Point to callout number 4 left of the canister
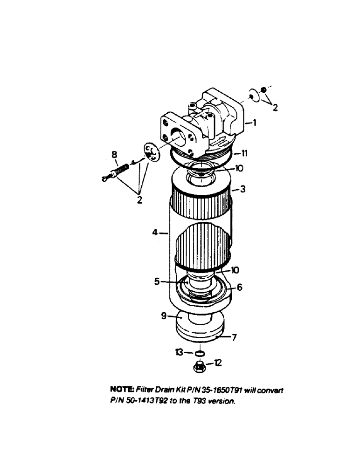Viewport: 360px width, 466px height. tap(156, 232)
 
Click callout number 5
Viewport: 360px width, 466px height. tap(158, 281)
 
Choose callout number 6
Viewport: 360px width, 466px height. tap(239, 288)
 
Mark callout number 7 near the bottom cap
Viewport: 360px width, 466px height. tap(235, 336)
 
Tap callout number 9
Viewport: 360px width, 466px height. tap(164, 315)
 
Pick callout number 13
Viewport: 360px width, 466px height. tap(179, 353)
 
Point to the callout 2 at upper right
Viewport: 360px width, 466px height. tap(275, 108)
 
